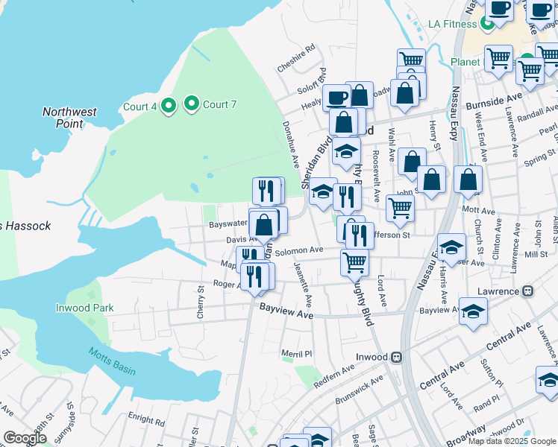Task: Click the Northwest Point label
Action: [69, 118]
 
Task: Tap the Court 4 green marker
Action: [169, 106]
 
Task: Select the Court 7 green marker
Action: [192, 104]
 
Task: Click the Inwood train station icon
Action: [397, 357]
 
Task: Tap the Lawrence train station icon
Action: [527, 291]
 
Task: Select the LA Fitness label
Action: [452, 24]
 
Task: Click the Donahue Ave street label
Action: [289, 145]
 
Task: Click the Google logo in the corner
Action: [25, 437]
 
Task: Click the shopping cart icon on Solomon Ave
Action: [354, 261]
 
